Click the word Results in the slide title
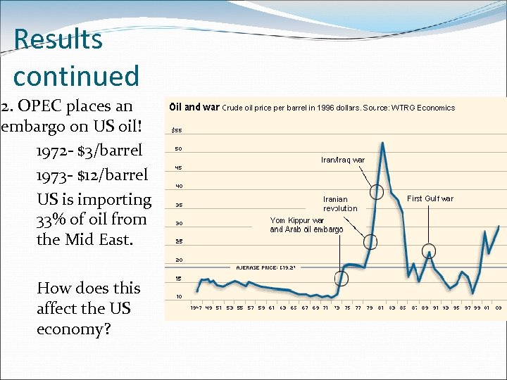coord(58,39)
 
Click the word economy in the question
coord(73,329)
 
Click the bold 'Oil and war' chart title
coord(195,108)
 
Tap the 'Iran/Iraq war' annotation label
coord(343,160)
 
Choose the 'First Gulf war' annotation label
coord(430,198)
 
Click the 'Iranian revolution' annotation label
coord(340,203)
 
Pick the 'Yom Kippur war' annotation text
coord(297,220)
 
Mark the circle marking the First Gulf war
coord(428,251)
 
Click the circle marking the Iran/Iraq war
coord(377,191)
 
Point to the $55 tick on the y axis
coord(176,130)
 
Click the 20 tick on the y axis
coord(178,260)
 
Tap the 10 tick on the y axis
coord(178,296)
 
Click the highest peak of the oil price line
coord(382,143)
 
